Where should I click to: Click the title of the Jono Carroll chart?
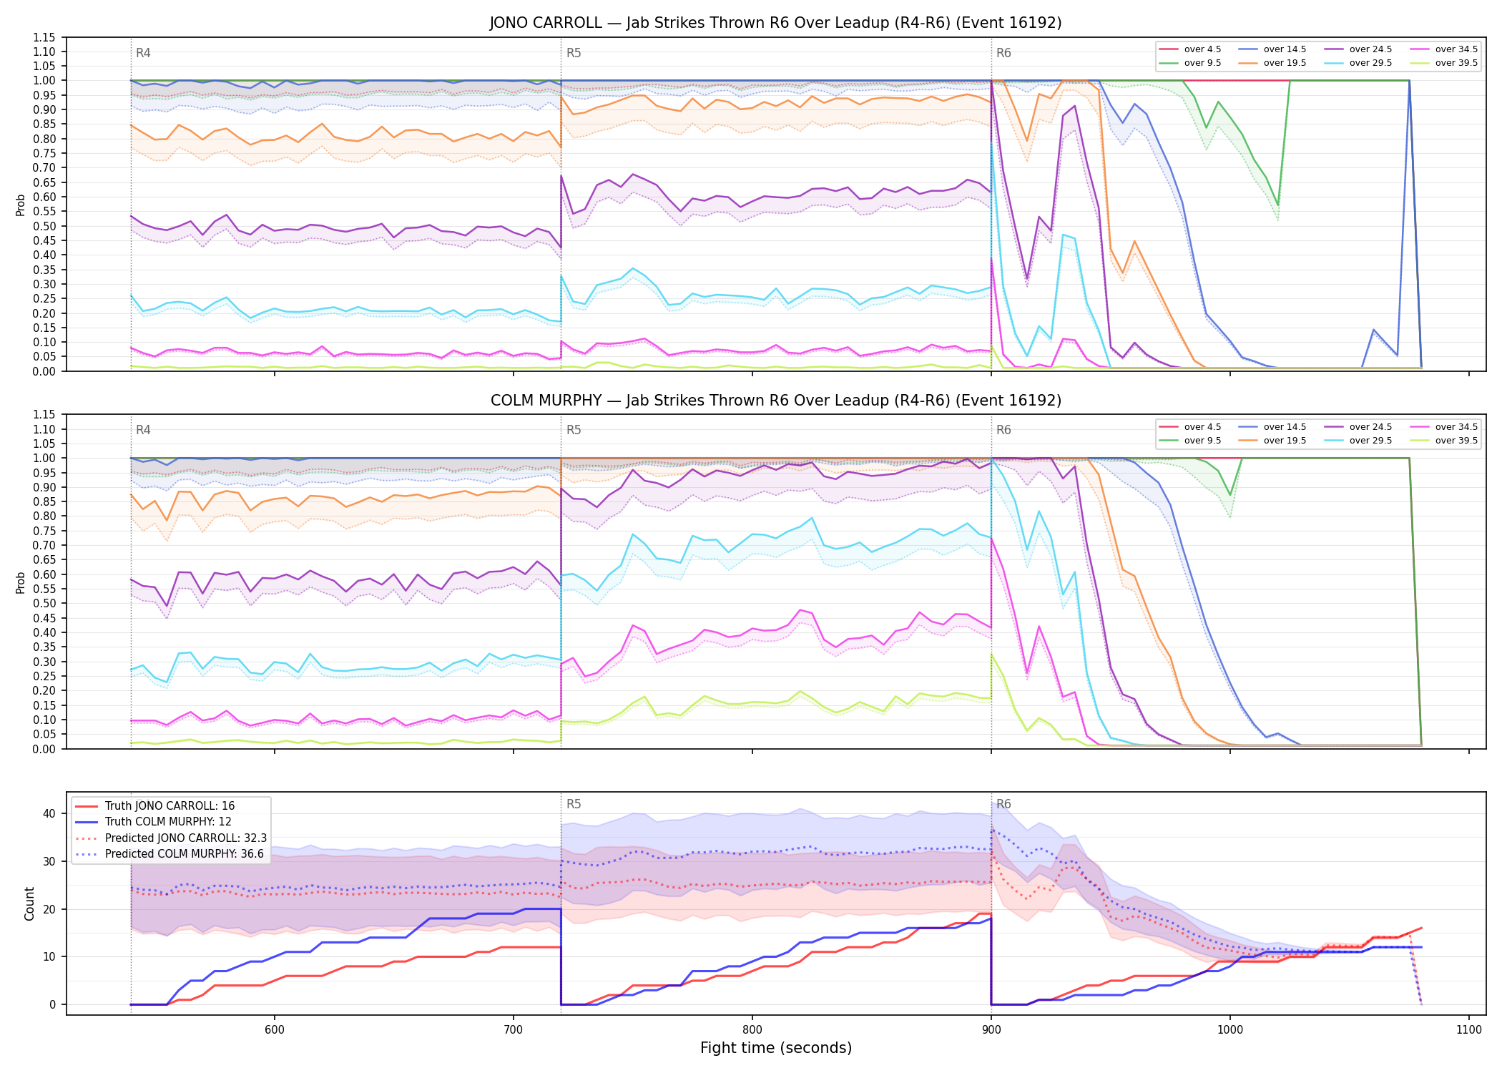(775, 23)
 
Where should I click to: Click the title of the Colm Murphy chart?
(775, 401)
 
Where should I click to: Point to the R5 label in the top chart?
(574, 53)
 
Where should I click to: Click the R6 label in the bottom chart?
(1003, 804)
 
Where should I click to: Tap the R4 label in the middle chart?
(143, 430)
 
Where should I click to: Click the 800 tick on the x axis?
(752, 1030)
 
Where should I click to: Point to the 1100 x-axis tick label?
(1468, 1030)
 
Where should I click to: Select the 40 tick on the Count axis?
(49, 813)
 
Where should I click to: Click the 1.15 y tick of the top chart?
(44, 37)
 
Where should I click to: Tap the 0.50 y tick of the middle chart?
(44, 603)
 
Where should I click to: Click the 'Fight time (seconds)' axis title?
(776, 1048)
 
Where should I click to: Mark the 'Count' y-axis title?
(29, 903)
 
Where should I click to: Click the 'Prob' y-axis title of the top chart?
(20, 205)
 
